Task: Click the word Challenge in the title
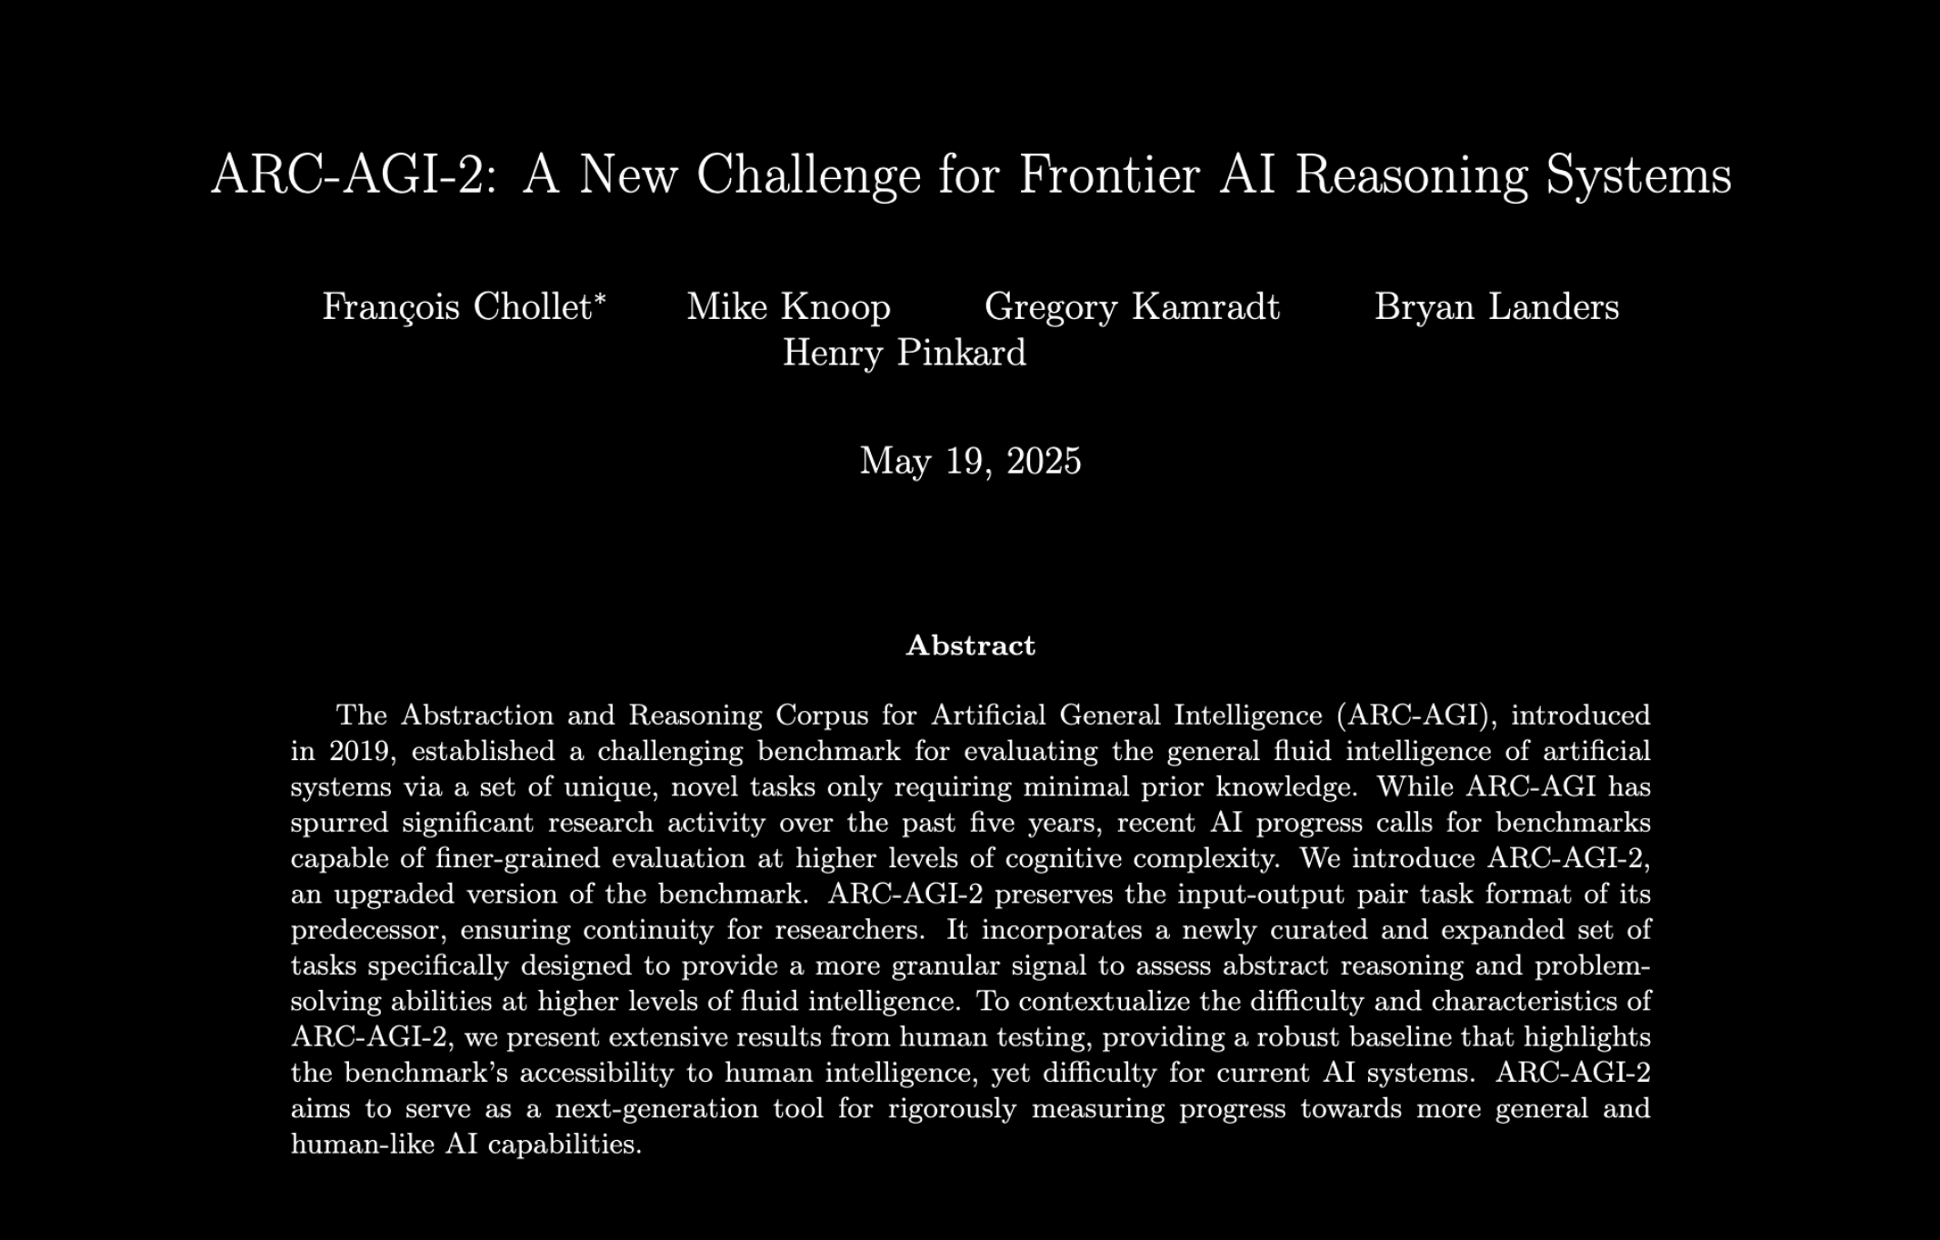808,174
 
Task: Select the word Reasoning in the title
1412,174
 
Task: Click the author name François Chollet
458,307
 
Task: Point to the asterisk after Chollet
600,298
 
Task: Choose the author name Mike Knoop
788,307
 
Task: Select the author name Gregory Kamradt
1132,307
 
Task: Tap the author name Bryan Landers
1496,307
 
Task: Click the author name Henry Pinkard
905,353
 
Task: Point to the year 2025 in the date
1044,461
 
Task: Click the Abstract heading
970,645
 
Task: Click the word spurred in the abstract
339,824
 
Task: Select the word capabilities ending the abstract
565,1145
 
